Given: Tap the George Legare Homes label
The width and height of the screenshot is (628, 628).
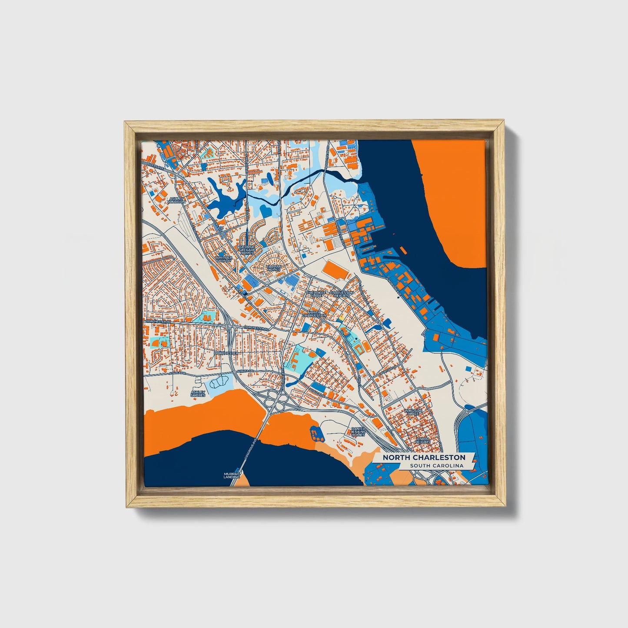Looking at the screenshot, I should tap(247, 249).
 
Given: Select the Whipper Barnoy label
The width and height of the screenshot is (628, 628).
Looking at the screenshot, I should tap(224, 259).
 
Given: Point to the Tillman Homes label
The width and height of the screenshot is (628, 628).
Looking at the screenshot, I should tap(273, 268).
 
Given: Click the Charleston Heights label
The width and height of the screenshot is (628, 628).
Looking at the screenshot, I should tap(342, 294).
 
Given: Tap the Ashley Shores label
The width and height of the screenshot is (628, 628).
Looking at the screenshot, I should tap(198, 393).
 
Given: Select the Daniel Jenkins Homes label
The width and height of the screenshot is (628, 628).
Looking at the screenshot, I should tap(358, 431).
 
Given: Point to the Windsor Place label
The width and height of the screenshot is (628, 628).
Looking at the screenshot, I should tap(412, 412).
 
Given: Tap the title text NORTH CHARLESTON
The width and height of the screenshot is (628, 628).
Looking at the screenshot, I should tap(424, 458).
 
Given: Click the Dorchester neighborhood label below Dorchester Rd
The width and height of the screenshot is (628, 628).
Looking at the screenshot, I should tap(226, 353).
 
